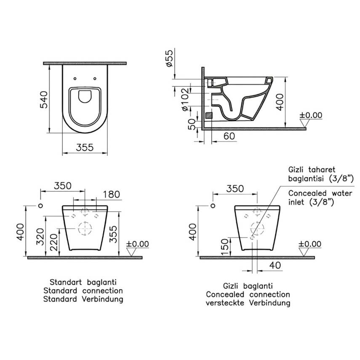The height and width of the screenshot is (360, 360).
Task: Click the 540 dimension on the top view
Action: (44, 100)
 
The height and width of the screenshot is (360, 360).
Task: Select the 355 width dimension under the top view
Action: (85, 147)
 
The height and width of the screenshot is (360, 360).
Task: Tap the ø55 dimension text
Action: (169, 59)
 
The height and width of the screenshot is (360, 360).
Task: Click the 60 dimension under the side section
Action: (229, 136)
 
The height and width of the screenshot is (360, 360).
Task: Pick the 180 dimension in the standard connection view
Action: (111, 195)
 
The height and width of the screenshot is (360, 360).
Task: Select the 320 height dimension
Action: (40, 237)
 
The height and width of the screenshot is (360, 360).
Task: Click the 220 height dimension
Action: (53, 242)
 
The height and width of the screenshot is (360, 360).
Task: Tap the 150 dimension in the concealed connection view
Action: (225, 247)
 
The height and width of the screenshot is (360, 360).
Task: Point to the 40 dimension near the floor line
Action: (275, 265)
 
